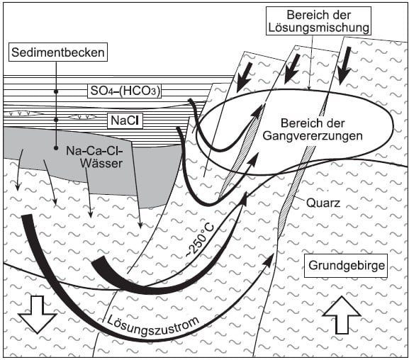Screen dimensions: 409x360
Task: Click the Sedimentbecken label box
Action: tap(58, 52)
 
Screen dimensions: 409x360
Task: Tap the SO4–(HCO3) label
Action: tap(125, 91)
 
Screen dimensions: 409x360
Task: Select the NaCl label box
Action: tap(125, 120)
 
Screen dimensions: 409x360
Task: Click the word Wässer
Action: tap(101, 164)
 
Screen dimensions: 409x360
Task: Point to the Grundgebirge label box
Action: tap(346, 266)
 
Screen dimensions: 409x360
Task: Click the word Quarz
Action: tap(323, 203)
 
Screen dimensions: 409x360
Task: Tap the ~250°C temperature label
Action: tap(201, 240)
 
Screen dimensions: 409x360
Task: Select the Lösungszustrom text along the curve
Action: tap(152, 325)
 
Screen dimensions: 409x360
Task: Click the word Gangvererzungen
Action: tap(313, 136)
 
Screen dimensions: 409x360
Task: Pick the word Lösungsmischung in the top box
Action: tap(319, 28)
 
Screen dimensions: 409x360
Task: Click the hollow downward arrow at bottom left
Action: tap(38, 315)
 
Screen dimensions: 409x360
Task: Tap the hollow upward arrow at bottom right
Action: tap(342, 315)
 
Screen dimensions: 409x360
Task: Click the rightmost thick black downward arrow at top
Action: tap(344, 66)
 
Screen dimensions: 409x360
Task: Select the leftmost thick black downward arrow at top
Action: tap(244, 77)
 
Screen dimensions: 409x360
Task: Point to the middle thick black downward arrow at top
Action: tap(292, 69)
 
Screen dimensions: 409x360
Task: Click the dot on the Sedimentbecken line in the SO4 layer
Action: tap(56, 91)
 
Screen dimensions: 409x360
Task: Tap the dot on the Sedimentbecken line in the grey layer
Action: tap(56, 148)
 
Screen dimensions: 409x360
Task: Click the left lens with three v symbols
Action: tap(23, 113)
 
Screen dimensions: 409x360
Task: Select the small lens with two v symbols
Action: tap(82, 117)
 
